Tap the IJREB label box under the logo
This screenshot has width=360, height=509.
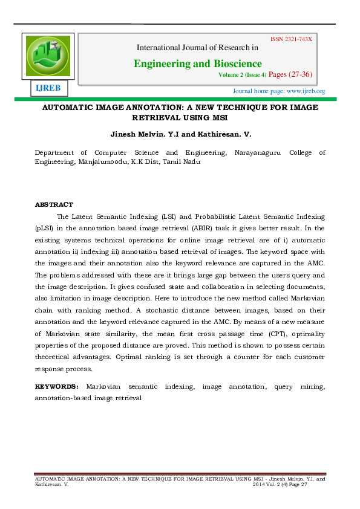pyautogui.click(x=48, y=88)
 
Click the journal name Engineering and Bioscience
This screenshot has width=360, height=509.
pyautogui.click(x=198, y=63)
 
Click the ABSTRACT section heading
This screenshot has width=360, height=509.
pyautogui.click(x=54, y=204)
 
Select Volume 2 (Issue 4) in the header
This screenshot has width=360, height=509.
pyautogui.click(x=242, y=76)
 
